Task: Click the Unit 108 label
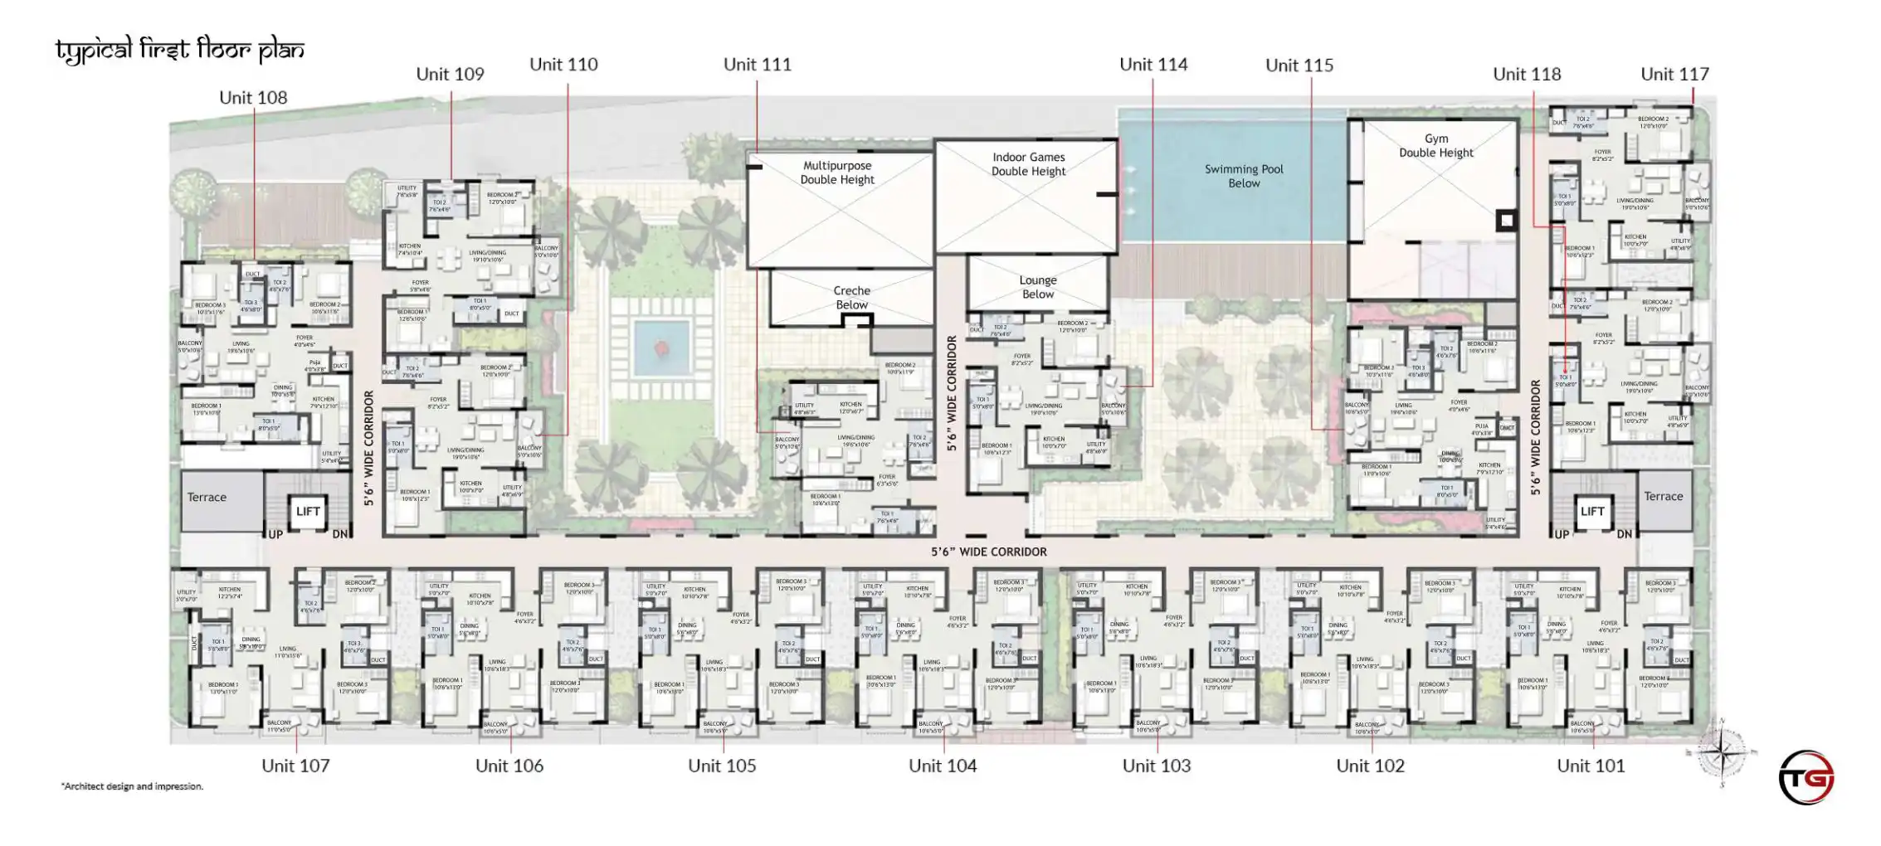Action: point(253,98)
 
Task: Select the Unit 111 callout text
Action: point(757,65)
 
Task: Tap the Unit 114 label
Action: point(1152,65)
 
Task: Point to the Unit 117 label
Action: point(1674,75)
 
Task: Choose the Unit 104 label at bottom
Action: point(943,766)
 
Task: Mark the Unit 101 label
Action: point(1591,766)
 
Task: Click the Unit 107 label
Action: point(295,766)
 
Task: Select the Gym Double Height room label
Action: point(1435,146)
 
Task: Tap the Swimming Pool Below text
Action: point(1243,176)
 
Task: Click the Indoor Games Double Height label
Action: point(1028,164)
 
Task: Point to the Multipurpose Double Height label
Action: point(836,173)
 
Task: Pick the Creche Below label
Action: point(851,298)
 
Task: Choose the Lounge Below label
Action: point(1037,287)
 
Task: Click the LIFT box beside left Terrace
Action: point(308,511)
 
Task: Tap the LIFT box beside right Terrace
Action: point(1591,511)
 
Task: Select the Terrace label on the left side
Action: point(207,498)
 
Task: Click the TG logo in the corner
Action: point(1806,777)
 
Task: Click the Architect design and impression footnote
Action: point(132,786)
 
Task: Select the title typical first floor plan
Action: point(179,51)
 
